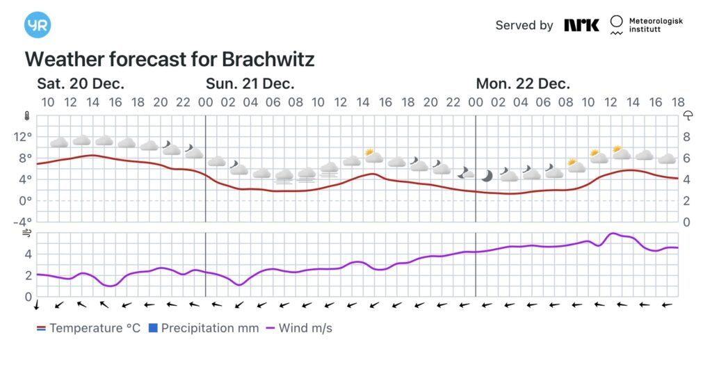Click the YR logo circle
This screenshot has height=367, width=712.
[x=38, y=25]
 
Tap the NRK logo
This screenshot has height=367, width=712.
[x=581, y=25]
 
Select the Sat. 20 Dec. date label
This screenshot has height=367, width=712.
[x=81, y=84]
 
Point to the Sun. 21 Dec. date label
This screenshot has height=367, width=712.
[x=250, y=84]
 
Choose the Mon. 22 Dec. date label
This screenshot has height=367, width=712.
[x=523, y=84]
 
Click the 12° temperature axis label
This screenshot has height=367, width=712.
[x=23, y=137]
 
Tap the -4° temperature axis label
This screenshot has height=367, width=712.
[x=23, y=222]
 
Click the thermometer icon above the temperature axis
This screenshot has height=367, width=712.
[x=27, y=116]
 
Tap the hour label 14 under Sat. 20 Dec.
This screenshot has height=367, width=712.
[x=92, y=103]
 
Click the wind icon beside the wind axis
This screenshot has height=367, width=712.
[x=27, y=234]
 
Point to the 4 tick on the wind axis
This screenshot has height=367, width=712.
[x=28, y=254]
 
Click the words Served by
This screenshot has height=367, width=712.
[x=524, y=25]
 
